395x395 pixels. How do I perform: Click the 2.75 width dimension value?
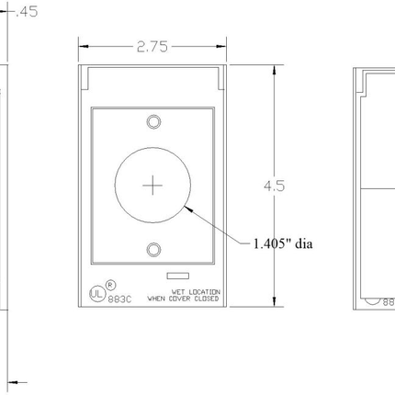point(152,45)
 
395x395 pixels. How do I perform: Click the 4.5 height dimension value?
point(274,186)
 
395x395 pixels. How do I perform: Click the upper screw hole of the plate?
point(152,119)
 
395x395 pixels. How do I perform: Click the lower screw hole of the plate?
point(152,248)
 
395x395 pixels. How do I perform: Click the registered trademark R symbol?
point(110,284)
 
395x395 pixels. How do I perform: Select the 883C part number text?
point(119,299)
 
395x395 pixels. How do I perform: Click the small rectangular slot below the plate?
point(175,274)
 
